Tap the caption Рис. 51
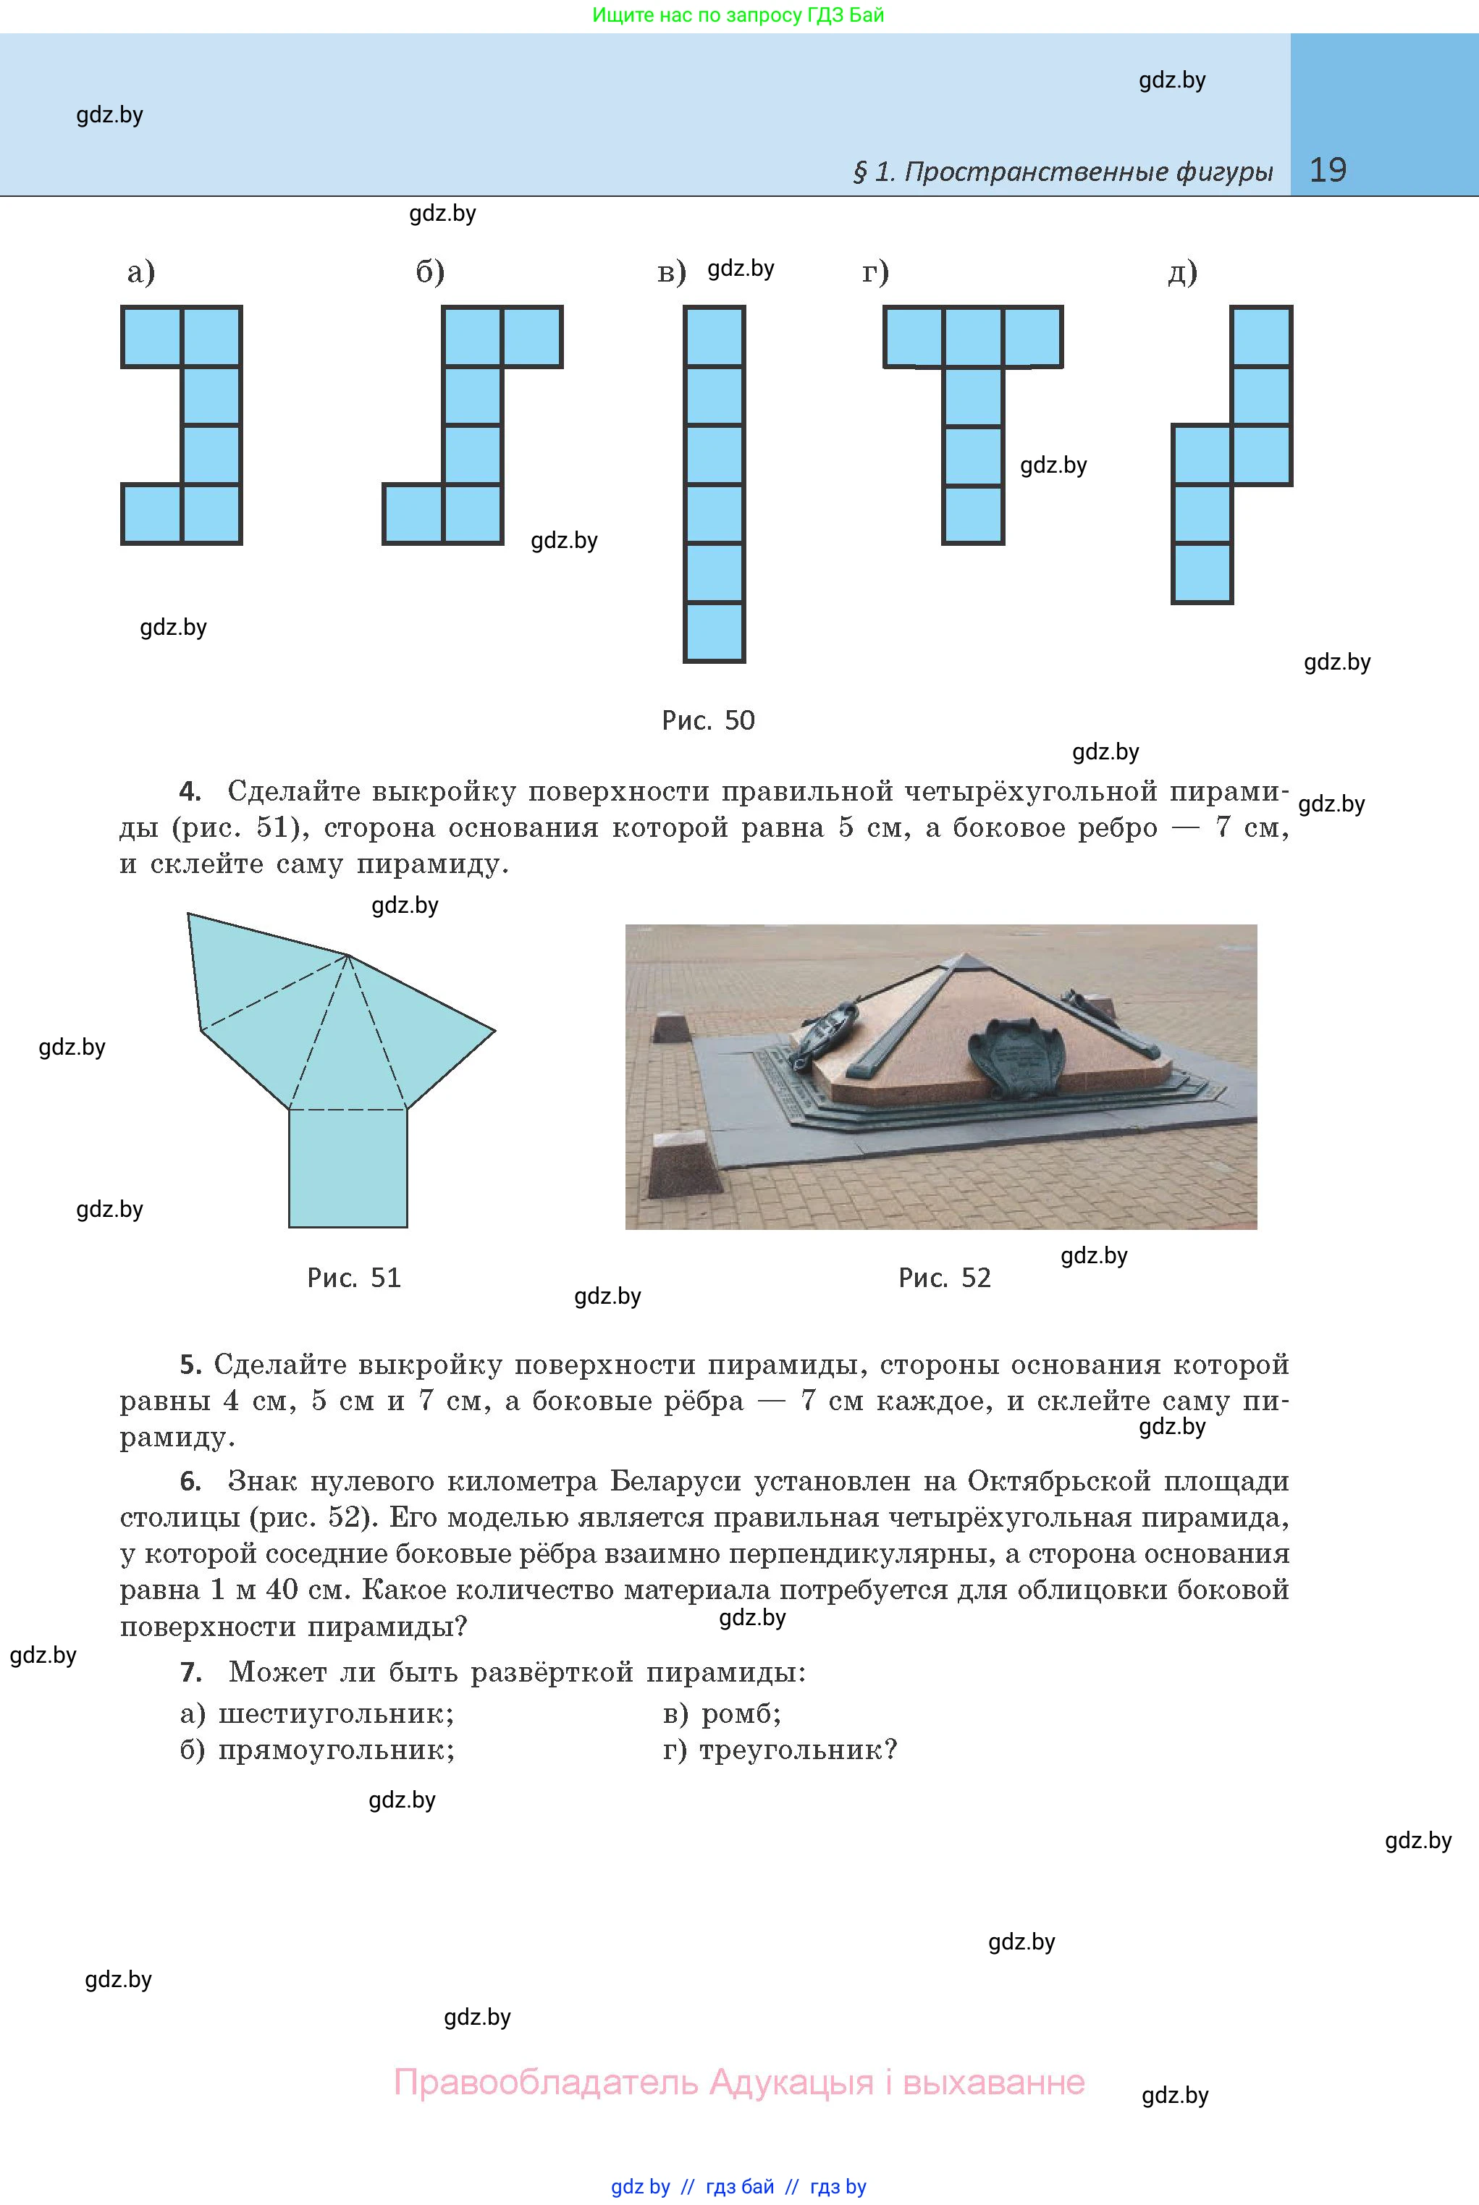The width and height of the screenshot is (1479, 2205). pyautogui.click(x=354, y=1278)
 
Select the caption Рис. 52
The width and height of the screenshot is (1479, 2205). pyautogui.click(x=944, y=1278)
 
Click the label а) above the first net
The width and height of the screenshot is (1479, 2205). pyautogui.click(x=140, y=273)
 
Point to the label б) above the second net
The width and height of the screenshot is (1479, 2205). pyautogui.click(x=430, y=273)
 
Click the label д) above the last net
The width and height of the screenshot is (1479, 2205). pyautogui.click(x=1182, y=273)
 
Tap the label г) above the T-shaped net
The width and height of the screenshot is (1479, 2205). pyautogui.click(x=875, y=273)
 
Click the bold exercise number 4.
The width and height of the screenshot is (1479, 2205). pyautogui.click(x=190, y=791)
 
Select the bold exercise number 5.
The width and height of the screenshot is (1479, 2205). pyautogui.click(x=190, y=1365)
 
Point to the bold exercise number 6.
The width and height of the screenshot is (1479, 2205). pyautogui.click(x=190, y=1482)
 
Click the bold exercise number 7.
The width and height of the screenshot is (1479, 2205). pyautogui.click(x=190, y=1672)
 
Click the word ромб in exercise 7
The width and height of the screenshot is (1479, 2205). pyautogui.click(x=741, y=1713)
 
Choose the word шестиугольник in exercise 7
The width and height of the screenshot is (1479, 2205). pyautogui.click(x=336, y=1713)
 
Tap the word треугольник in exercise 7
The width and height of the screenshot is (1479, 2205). pyautogui.click(x=798, y=1750)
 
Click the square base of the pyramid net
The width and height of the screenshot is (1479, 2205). pyautogui.click(x=348, y=1168)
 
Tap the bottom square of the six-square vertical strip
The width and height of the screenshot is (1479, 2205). pyautogui.click(x=714, y=632)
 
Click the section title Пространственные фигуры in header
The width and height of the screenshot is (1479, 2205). pyautogui.click(x=1087, y=172)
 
